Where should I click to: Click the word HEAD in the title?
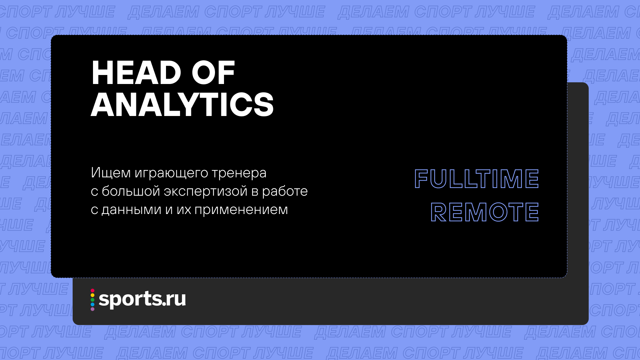pyautogui.click(x=136, y=73)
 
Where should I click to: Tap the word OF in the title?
pyautogui.click(x=213, y=73)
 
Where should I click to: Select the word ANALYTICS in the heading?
pyautogui.click(x=182, y=105)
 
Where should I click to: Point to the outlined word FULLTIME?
pyautogui.click(x=476, y=179)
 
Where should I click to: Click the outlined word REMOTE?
pyautogui.click(x=485, y=212)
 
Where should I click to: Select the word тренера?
pyautogui.click(x=239, y=173)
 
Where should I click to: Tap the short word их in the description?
pyautogui.click(x=184, y=210)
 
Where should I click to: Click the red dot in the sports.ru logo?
pyautogui.click(x=92, y=291)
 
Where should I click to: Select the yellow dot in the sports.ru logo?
pyautogui.click(x=92, y=295)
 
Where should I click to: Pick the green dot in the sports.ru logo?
pyautogui.click(x=92, y=300)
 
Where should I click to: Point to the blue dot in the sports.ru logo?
pyautogui.click(x=92, y=304)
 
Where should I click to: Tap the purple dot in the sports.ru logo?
pyautogui.click(x=92, y=309)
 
